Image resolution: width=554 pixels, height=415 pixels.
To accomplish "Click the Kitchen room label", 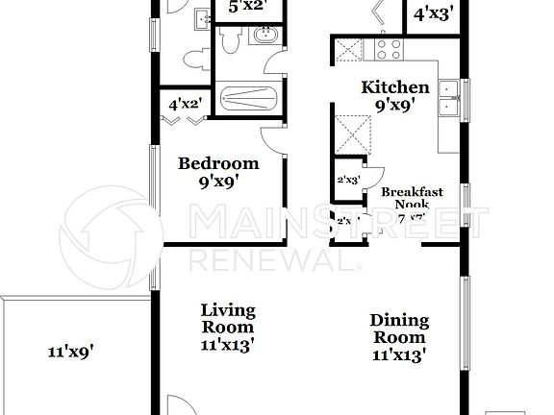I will (x=389, y=87).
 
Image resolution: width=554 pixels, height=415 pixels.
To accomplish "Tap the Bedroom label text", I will (x=218, y=162).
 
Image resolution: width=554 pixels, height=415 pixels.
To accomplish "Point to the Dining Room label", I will (x=399, y=330).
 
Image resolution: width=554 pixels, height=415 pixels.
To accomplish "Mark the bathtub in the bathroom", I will (x=248, y=99).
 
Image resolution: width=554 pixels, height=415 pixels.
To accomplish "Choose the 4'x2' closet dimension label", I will (x=185, y=104).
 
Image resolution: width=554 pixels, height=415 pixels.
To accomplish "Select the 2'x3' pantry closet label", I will (x=347, y=180).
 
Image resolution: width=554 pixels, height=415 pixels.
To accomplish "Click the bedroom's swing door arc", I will (x=275, y=139).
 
